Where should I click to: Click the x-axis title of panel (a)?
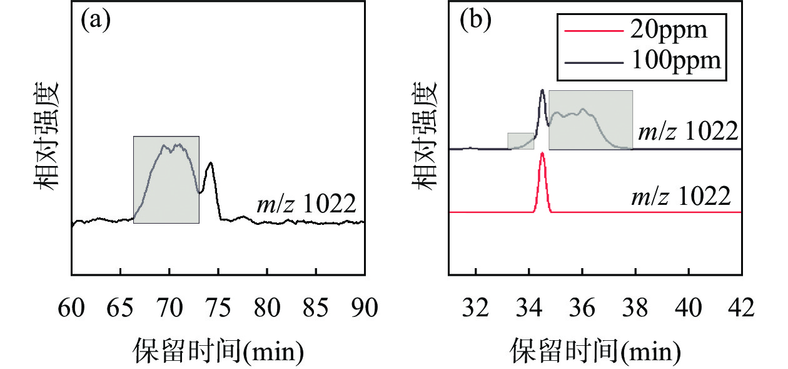(218, 351)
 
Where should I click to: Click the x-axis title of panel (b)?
(595, 351)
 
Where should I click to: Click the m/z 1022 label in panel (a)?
(306, 205)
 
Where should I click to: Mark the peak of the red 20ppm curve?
(542, 153)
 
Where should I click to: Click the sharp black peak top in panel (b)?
(542, 91)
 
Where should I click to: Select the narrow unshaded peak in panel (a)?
(210, 164)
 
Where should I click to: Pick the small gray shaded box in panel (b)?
(520, 141)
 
